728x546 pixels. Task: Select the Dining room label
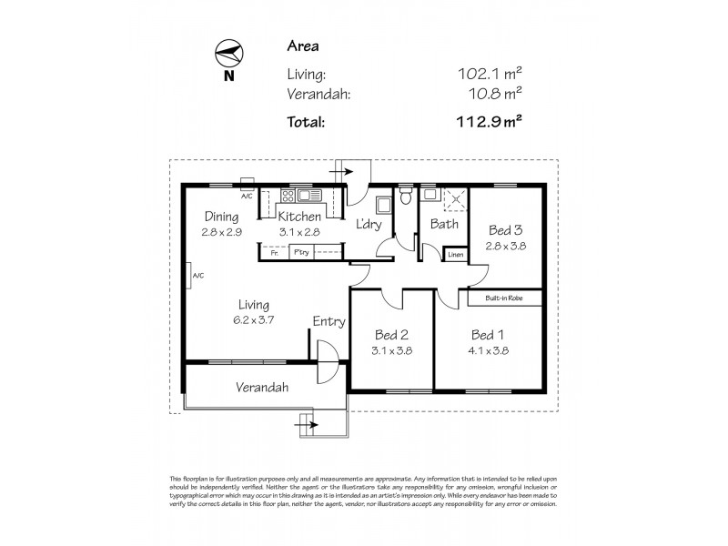(x=221, y=217)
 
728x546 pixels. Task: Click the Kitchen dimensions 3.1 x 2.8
(x=299, y=232)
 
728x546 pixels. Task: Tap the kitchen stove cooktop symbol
(x=288, y=195)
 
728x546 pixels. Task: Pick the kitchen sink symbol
(x=307, y=195)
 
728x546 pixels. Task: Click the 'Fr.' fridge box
(x=275, y=254)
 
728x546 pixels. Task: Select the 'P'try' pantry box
(x=301, y=254)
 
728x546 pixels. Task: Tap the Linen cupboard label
(x=456, y=256)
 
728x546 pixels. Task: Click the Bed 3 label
(x=506, y=230)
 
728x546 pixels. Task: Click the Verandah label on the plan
(x=262, y=387)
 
